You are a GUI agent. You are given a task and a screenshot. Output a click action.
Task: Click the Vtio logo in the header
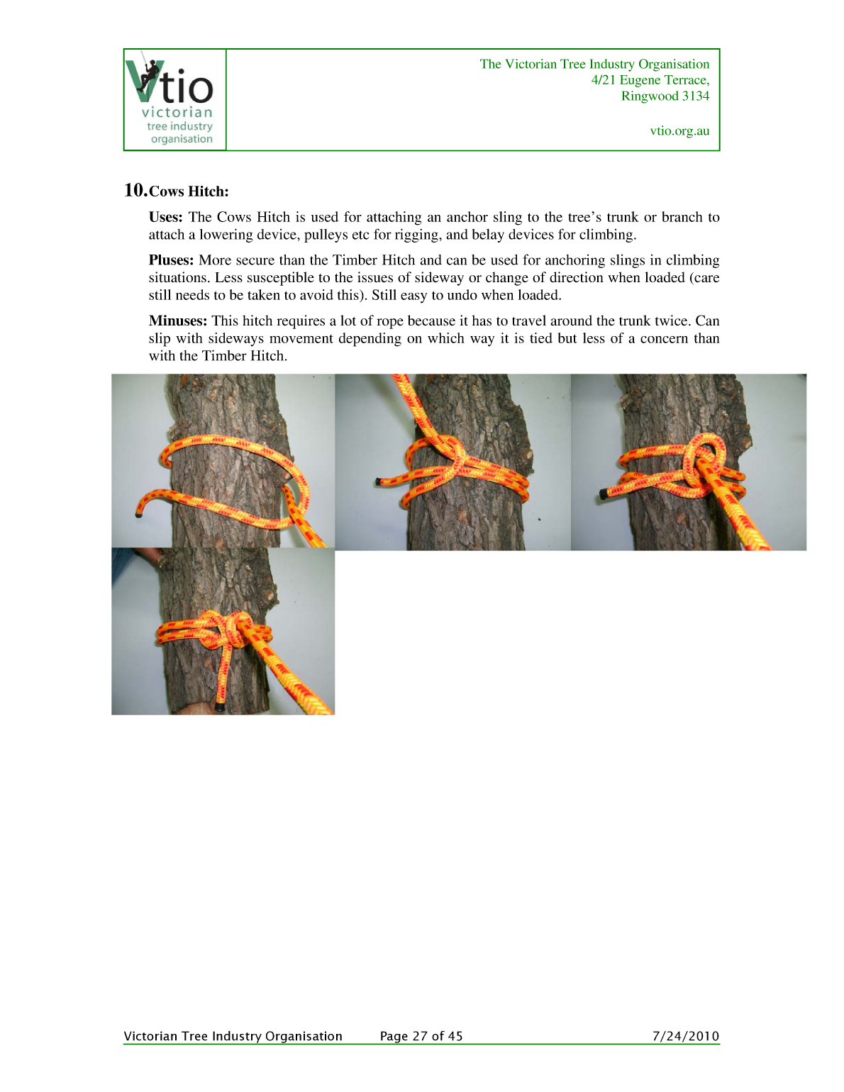(174, 100)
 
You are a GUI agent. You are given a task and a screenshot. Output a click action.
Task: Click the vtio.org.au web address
(679, 131)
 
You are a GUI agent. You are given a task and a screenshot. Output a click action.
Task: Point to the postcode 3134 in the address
(695, 96)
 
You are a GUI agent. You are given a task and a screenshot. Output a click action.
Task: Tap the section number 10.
(135, 190)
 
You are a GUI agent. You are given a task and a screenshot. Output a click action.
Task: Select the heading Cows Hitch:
(189, 191)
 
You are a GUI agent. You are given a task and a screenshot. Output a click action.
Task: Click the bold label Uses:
(166, 218)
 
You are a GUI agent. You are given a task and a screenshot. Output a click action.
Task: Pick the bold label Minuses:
(177, 321)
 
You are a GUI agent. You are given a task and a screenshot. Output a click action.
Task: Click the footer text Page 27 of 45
(421, 1036)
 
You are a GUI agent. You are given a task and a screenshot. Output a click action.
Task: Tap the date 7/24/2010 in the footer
(685, 1036)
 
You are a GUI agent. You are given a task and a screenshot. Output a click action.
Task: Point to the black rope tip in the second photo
(379, 482)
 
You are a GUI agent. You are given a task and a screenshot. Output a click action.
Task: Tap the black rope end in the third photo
(604, 492)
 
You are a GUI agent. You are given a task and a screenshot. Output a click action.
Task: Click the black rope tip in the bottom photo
(221, 706)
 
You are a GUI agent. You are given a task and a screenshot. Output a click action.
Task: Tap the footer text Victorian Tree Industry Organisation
(233, 1036)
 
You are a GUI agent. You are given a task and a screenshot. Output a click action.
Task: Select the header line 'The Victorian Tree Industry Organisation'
(594, 65)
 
